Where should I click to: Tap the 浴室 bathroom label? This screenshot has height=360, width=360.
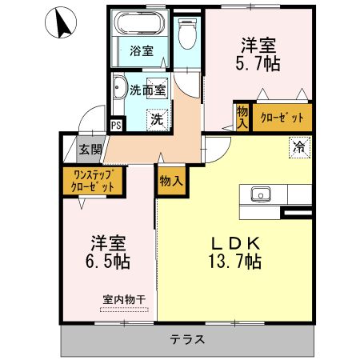(x=142, y=51)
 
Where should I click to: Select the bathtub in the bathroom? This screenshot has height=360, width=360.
(x=141, y=25)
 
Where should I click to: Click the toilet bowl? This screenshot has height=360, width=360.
(x=186, y=33)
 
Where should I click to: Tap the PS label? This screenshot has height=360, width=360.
(x=117, y=126)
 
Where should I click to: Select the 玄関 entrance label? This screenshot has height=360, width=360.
(x=90, y=149)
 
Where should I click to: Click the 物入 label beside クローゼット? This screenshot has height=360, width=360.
(x=242, y=118)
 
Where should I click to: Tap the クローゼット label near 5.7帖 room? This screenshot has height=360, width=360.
(x=282, y=118)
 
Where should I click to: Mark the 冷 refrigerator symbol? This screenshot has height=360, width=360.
(x=298, y=147)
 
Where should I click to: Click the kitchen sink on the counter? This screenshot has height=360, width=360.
(x=261, y=194)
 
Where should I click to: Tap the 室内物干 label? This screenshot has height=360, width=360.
(x=123, y=300)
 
